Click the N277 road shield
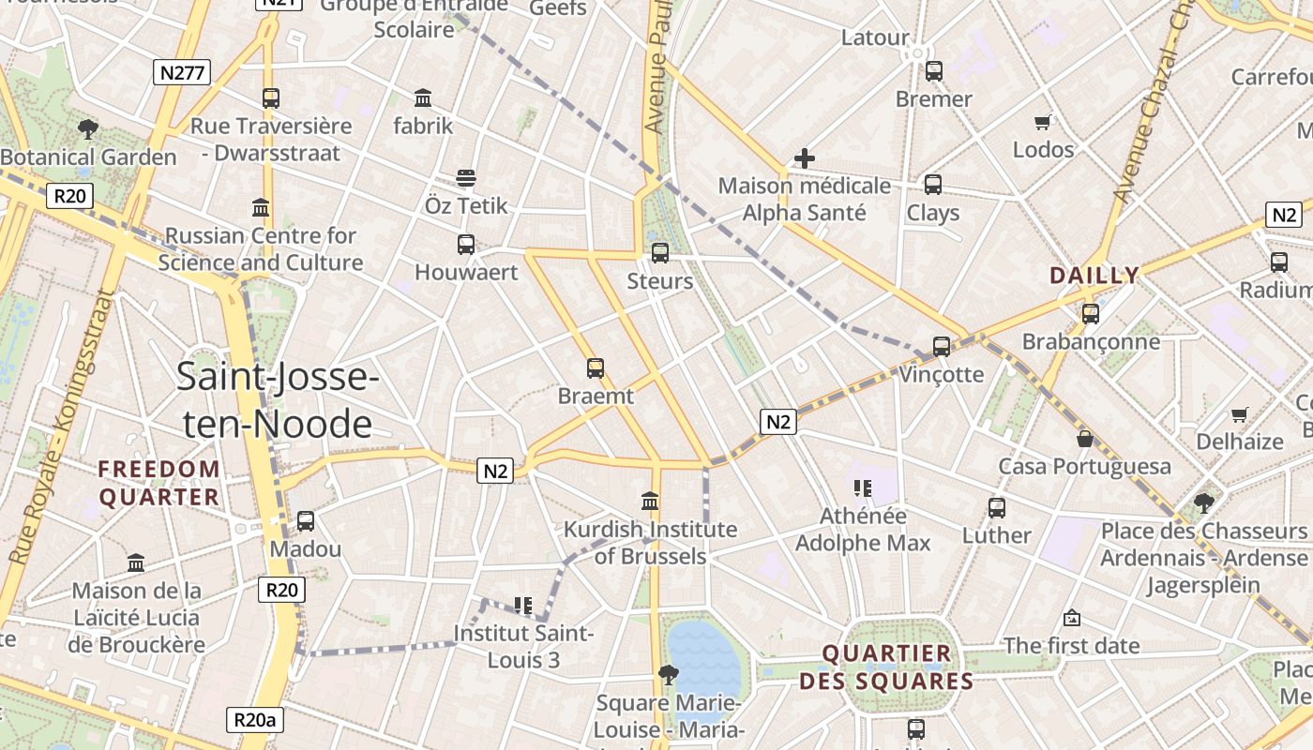click(x=182, y=72)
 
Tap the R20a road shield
click(x=255, y=720)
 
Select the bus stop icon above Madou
click(x=306, y=520)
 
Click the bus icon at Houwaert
click(x=466, y=245)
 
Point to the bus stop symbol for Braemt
click(x=596, y=368)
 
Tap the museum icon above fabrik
click(x=423, y=97)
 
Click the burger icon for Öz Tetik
click(x=466, y=177)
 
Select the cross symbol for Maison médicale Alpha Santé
click(x=804, y=158)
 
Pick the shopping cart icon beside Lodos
click(x=1043, y=122)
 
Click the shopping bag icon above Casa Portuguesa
click(x=1085, y=438)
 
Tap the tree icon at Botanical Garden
click(x=88, y=128)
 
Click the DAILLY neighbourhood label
click(x=1094, y=276)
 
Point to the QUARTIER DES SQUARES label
click(x=886, y=667)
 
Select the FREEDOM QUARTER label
click(x=159, y=483)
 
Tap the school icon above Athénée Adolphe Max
click(x=863, y=487)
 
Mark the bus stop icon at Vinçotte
click(x=942, y=347)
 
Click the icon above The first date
click(x=1072, y=618)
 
